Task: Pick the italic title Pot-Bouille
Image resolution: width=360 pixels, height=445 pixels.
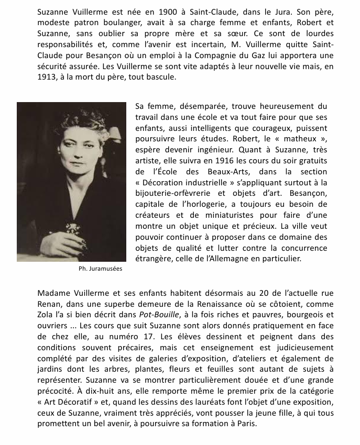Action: click(x=156, y=314)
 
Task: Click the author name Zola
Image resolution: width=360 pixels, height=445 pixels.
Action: click(x=47, y=314)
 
